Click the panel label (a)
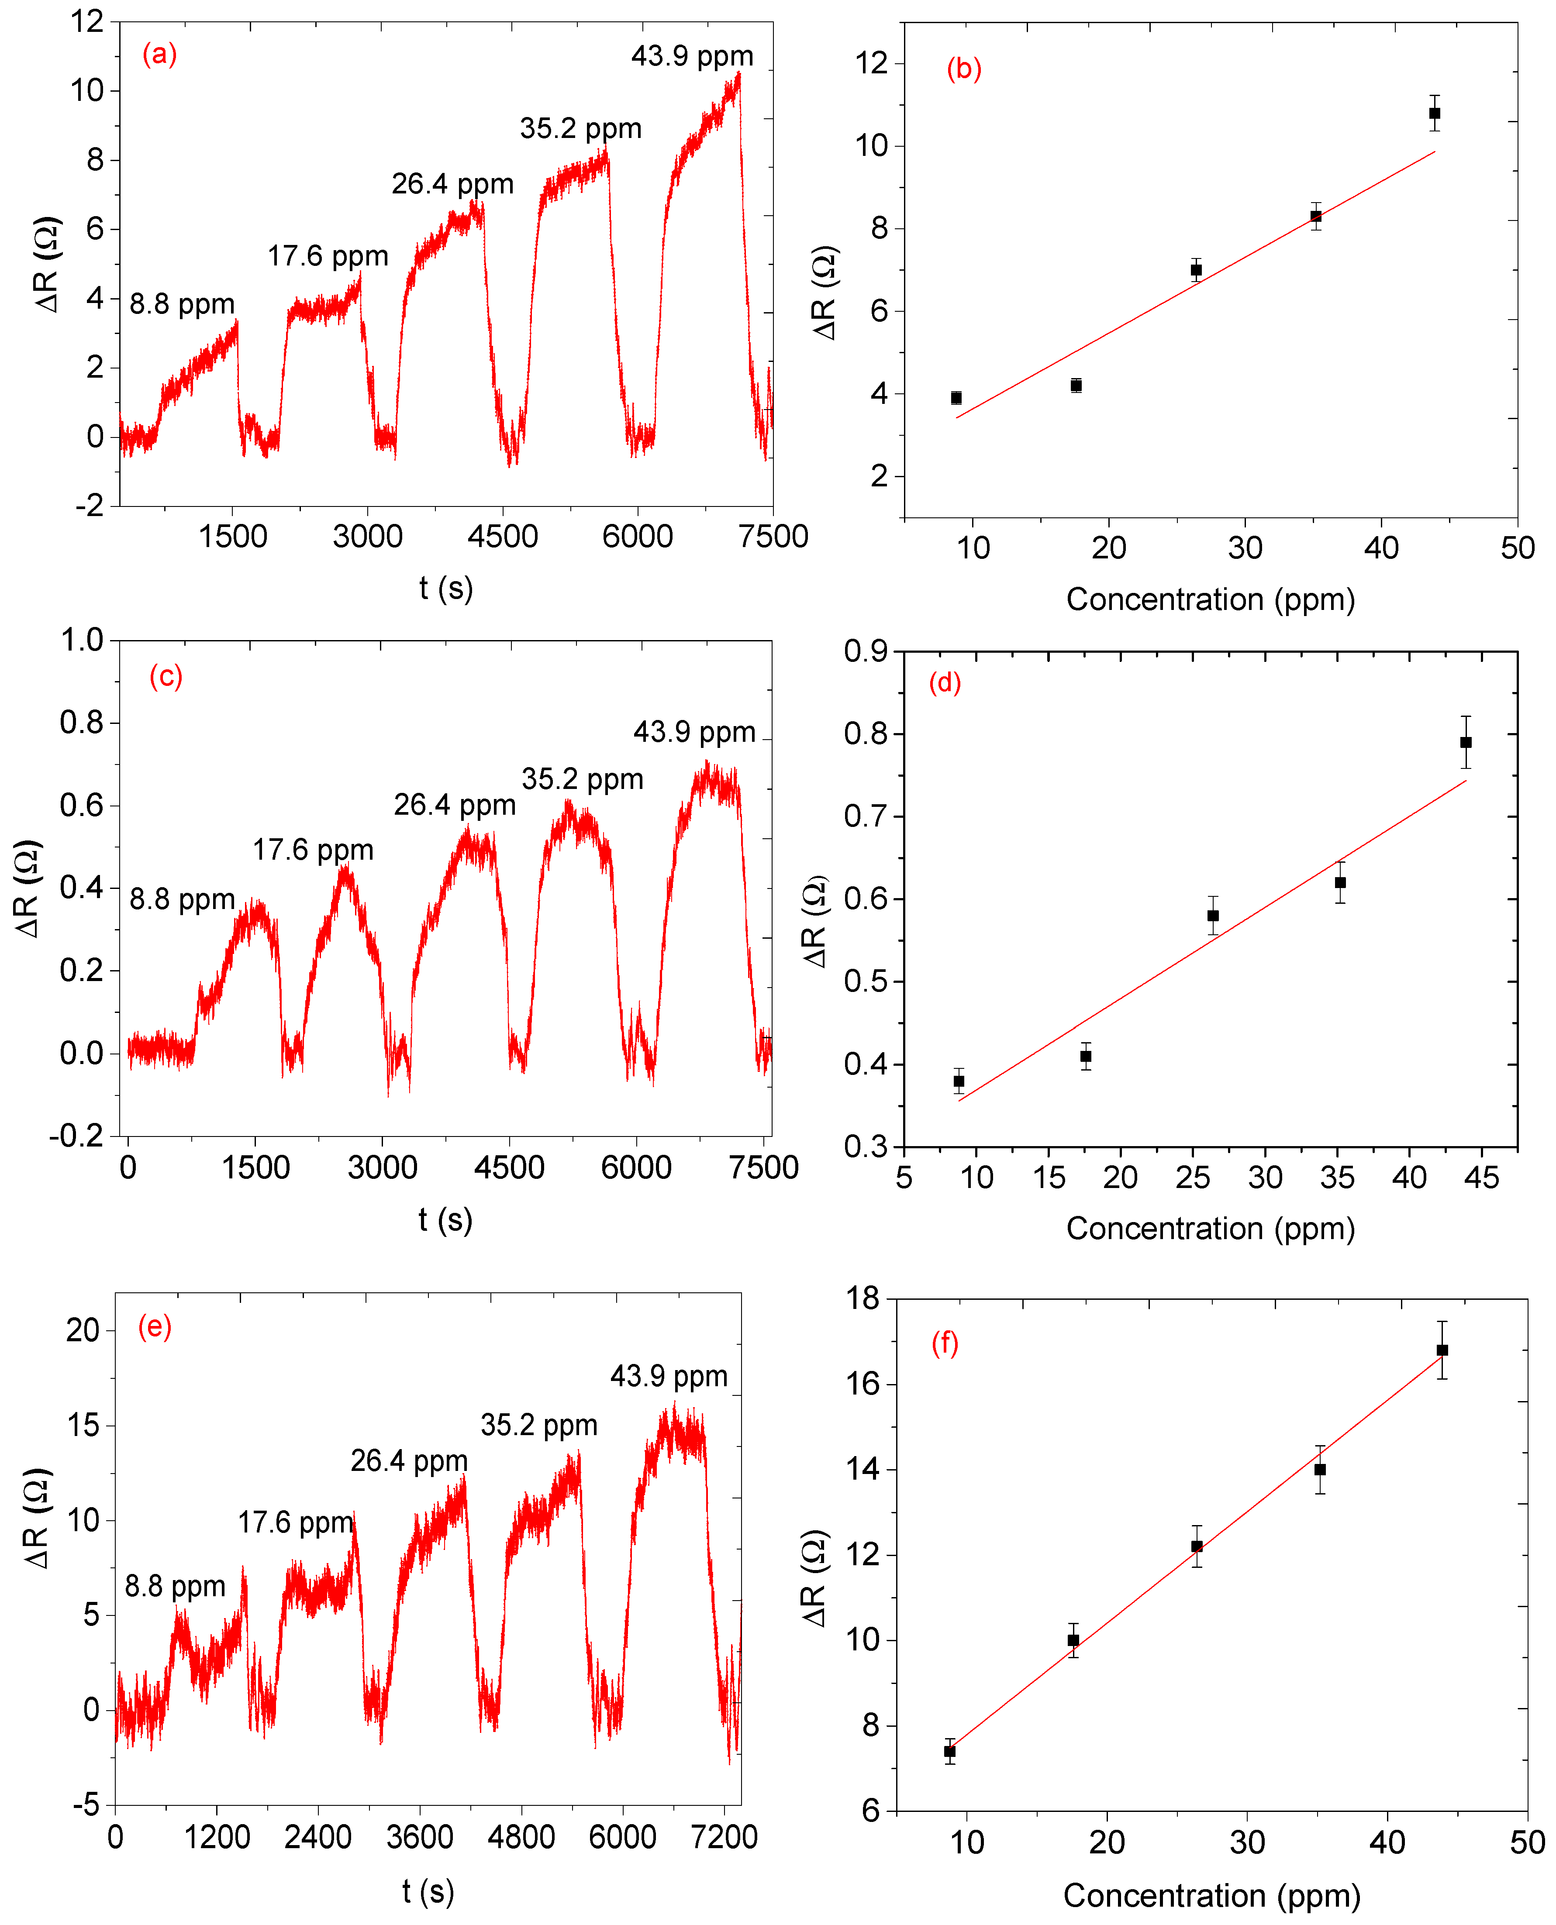[159, 55]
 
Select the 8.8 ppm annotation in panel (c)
[182, 899]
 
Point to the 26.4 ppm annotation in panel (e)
[409, 1461]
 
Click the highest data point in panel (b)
[1434, 113]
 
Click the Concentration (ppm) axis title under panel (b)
[1210, 599]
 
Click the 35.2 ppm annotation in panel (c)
[583, 779]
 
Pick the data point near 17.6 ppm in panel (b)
[1076, 386]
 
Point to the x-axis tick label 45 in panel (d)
[1481, 1177]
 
